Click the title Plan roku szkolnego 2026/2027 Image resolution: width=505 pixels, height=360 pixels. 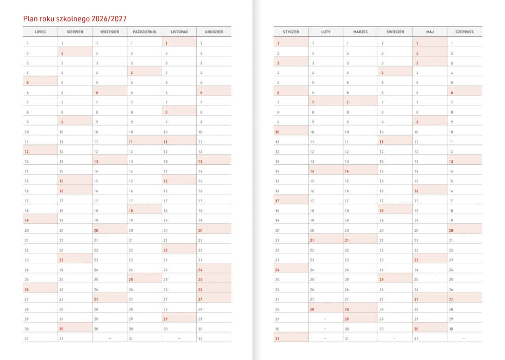coord(75,19)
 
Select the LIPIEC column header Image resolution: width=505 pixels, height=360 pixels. coord(40,32)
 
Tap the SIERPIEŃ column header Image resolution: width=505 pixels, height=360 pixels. coord(75,32)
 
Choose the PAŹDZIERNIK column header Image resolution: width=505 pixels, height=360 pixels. coord(144,32)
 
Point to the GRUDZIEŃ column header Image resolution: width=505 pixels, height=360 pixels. coord(214,32)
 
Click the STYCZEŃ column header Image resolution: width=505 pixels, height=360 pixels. coord(291,32)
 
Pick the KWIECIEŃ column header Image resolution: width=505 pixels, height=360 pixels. coord(395,32)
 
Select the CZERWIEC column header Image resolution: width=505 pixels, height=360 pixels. coord(465,32)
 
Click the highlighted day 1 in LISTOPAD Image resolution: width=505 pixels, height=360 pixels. coord(167,43)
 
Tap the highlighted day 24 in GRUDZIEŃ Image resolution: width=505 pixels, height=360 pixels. coord(200,270)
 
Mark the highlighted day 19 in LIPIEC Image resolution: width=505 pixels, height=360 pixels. coord(27,220)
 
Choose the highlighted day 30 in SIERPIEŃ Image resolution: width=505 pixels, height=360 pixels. coord(62,329)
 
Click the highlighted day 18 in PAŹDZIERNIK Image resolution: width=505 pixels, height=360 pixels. coord(131,211)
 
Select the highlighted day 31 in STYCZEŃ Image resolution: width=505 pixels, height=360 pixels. coord(278,339)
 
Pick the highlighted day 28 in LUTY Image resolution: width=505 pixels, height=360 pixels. coord(312,309)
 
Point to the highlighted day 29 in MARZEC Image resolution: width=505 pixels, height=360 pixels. coord(347,319)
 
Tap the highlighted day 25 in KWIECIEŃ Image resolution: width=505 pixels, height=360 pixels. coord(382,280)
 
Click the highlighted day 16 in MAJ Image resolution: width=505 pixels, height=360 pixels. coord(417,191)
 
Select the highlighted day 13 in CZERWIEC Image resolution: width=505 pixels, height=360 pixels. coord(451,161)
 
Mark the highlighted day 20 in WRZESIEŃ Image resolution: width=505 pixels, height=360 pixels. coord(96,230)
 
